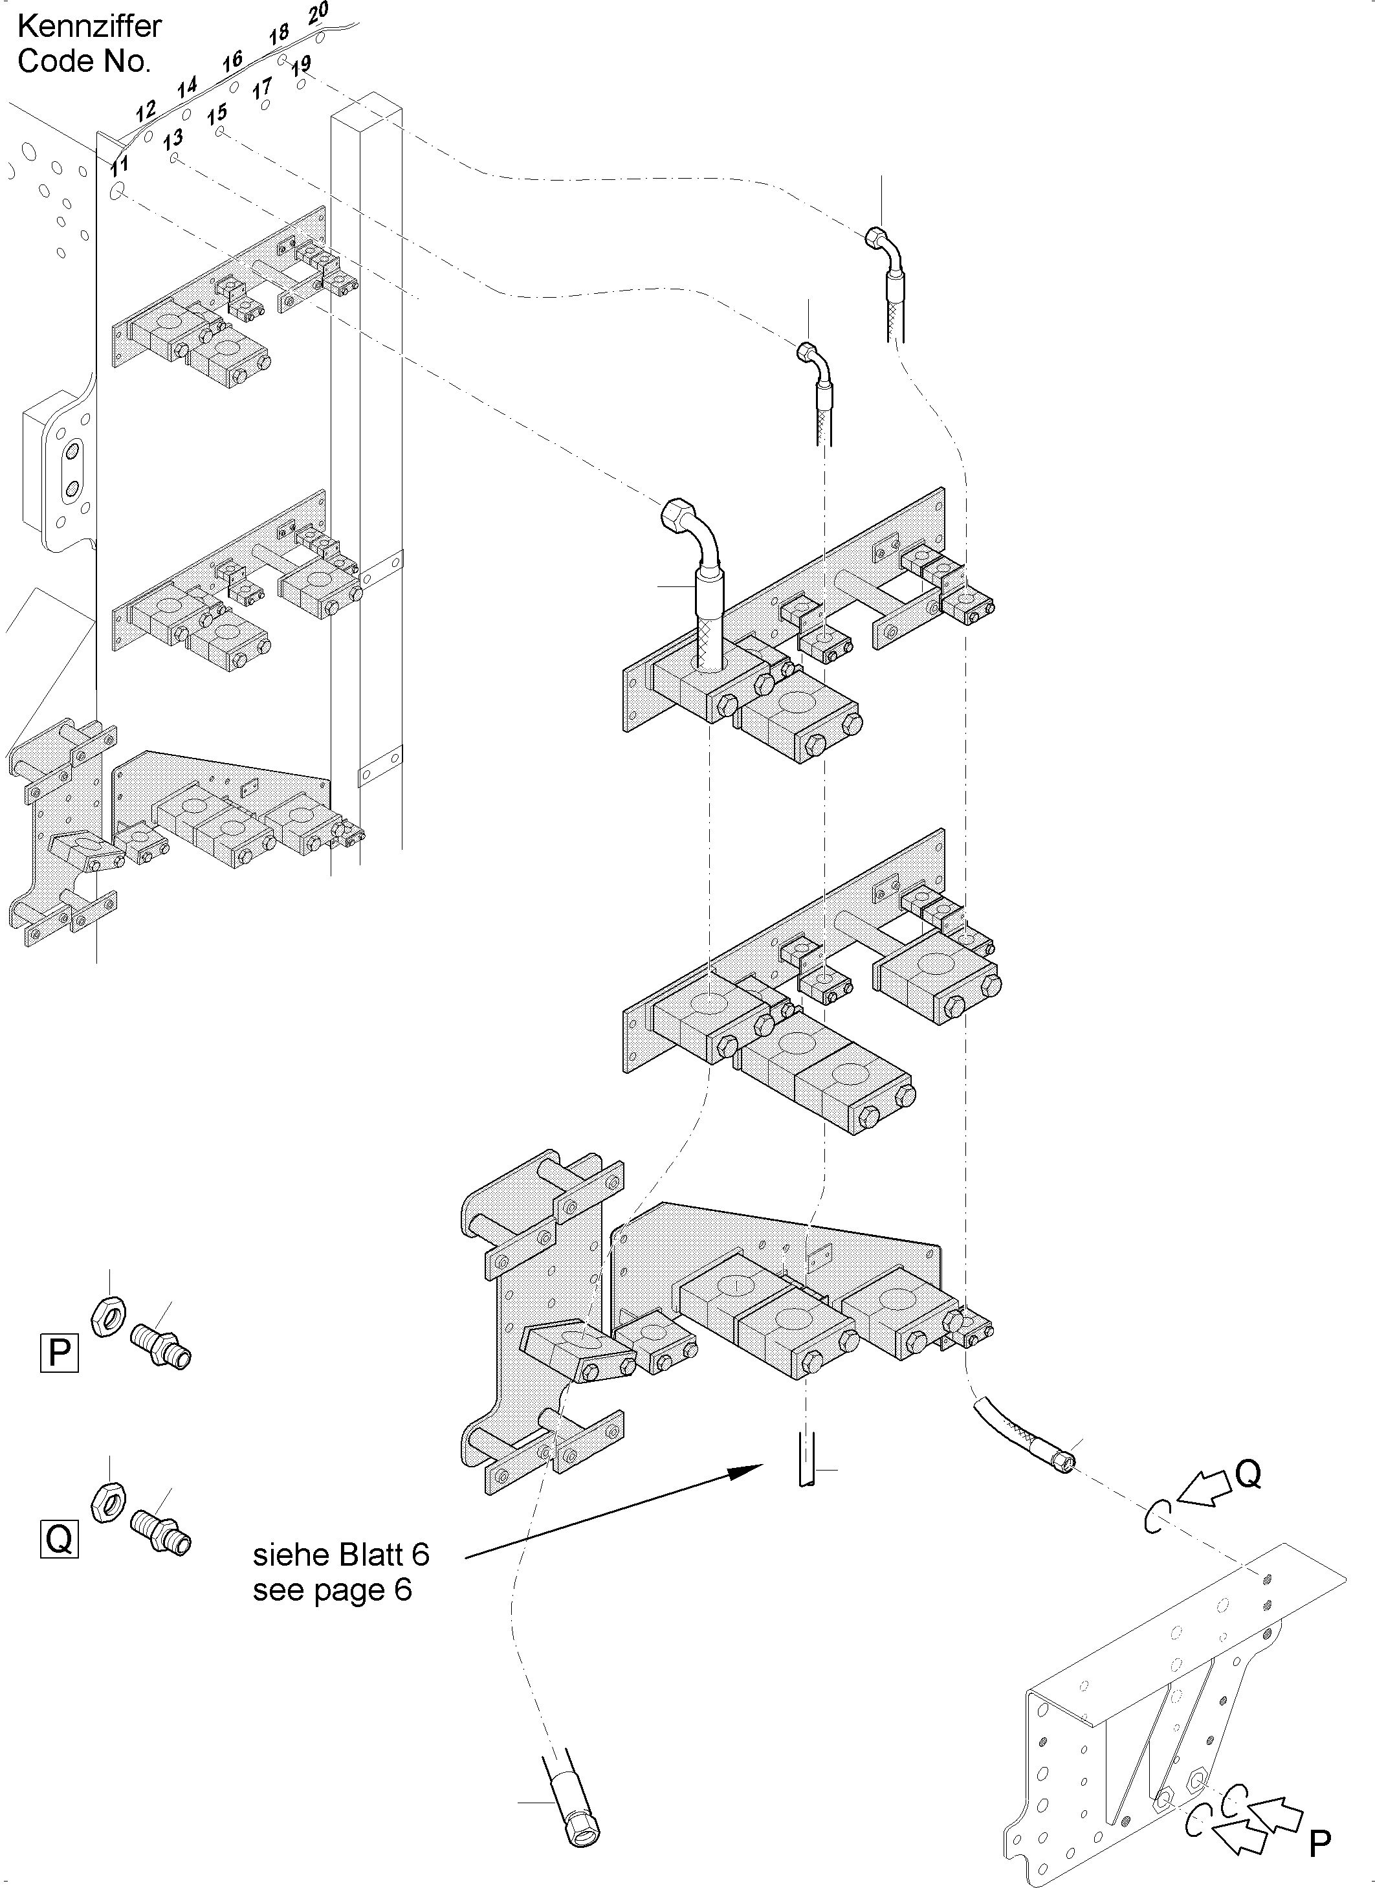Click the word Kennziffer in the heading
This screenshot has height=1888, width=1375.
point(89,27)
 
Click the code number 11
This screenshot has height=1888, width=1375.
point(119,165)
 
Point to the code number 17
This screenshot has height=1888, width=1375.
point(262,87)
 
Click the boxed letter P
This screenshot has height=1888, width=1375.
point(59,1353)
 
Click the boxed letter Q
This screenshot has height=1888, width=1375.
point(59,1538)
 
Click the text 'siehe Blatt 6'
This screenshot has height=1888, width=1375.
point(341,1554)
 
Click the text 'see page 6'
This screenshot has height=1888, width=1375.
point(332,1590)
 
